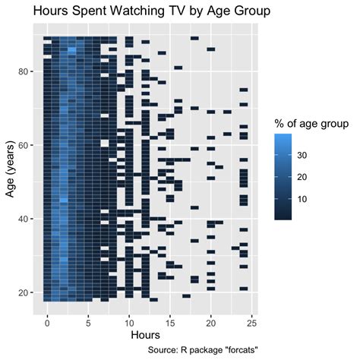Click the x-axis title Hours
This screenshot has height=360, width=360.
click(x=145, y=335)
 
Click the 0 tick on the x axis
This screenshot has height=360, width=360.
click(x=47, y=320)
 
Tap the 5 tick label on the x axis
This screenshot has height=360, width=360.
click(x=88, y=320)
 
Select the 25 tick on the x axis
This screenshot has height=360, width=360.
click(x=251, y=320)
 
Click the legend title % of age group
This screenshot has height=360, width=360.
click(x=311, y=123)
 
